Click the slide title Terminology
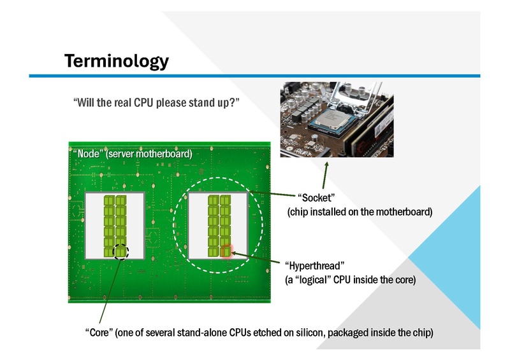(117, 61)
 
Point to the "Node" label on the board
(90, 154)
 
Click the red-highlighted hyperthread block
(225, 252)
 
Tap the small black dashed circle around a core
(120, 252)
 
